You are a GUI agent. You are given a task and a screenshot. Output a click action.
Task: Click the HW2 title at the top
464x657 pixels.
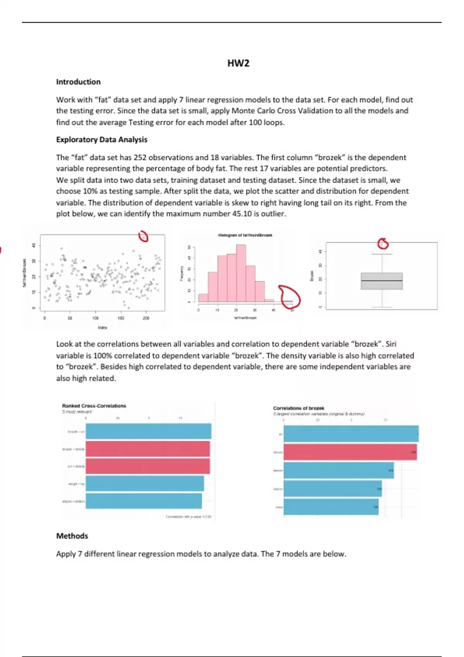(x=238, y=63)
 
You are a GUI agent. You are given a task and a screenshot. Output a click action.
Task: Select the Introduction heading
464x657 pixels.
(x=78, y=82)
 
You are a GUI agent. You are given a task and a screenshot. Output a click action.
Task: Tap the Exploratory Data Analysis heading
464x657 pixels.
(x=102, y=140)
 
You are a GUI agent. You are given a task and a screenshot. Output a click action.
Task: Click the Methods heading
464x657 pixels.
(x=72, y=536)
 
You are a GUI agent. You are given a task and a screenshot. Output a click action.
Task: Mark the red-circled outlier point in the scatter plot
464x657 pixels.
(x=143, y=237)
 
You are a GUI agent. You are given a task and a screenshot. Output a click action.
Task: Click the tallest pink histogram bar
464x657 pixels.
(x=241, y=273)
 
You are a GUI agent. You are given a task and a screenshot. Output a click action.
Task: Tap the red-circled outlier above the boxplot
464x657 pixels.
(x=382, y=244)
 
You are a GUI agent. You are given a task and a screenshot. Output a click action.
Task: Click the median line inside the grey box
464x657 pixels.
(x=382, y=281)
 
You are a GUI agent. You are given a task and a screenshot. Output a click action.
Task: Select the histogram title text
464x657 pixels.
(x=245, y=235)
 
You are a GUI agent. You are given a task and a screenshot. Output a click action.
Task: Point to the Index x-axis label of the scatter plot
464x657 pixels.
(x=102, y=328)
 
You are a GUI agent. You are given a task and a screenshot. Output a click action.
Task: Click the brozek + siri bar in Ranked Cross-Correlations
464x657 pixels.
(x=148, y=431)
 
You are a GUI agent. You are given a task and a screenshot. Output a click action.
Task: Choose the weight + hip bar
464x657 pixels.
(x=145, y=483)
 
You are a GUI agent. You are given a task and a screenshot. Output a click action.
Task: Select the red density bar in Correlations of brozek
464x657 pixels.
(x=350, y=452)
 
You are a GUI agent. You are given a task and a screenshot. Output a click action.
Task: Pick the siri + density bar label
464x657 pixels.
(x=76, y=466)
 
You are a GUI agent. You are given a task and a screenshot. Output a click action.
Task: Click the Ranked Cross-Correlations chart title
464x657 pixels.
(x=94, y=406)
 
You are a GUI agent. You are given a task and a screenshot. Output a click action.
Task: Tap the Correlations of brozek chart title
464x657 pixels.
(x=299, y=408)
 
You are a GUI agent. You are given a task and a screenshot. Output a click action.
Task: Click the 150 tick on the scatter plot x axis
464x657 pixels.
(x=121, y=318)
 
